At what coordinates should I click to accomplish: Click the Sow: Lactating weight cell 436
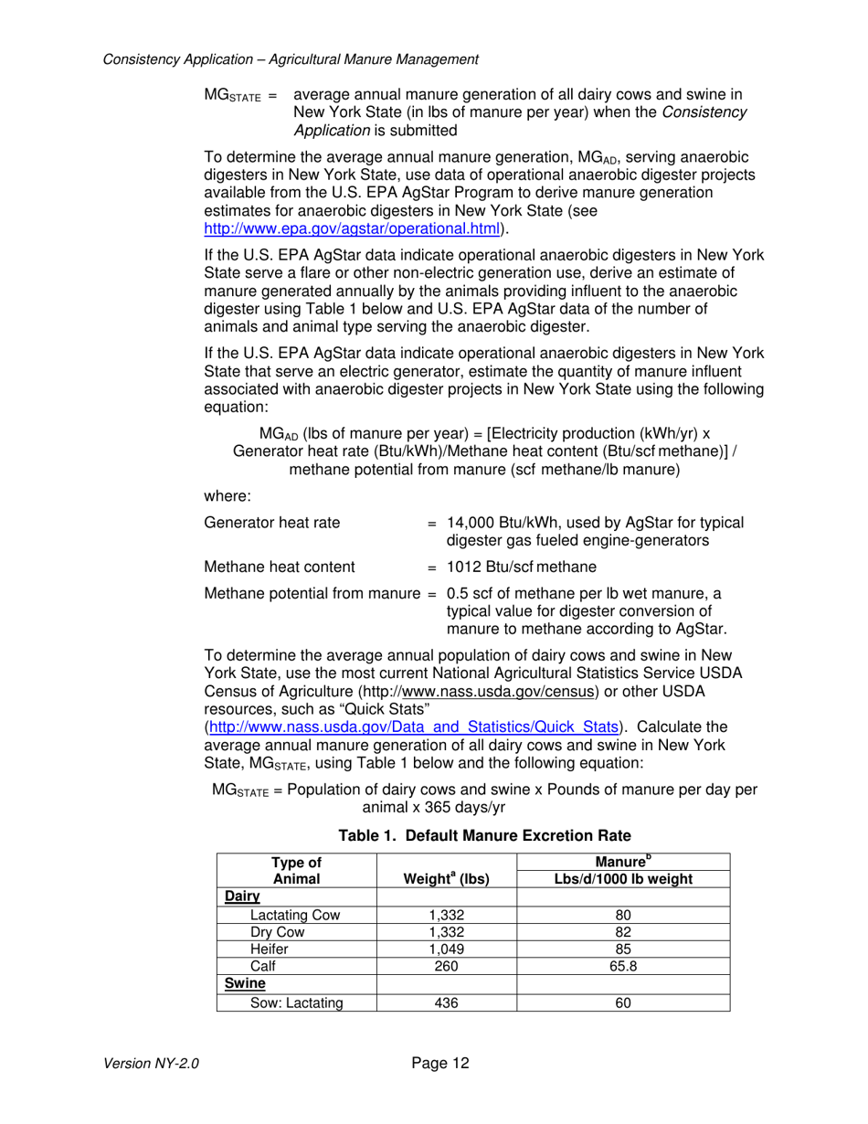[x=447, y=1003]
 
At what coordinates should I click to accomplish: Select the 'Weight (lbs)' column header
[x=447, y=879]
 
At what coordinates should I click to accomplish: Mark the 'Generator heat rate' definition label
[x=272, y=523]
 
